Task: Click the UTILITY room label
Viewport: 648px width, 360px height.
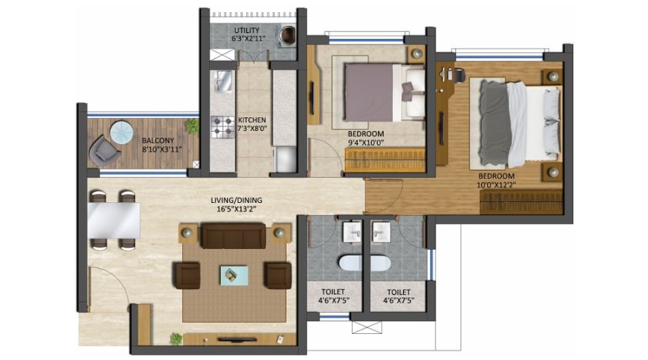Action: (247, 31)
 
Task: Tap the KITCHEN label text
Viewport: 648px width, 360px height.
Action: (252, 118)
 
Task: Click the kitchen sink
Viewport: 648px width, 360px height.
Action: (221, 82)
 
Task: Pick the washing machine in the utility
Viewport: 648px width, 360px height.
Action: (288, 33)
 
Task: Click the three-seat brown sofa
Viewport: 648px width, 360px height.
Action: (232, 235)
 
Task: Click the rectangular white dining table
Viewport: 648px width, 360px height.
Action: (114, 219)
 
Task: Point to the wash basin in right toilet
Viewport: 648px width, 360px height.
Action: (379, 231)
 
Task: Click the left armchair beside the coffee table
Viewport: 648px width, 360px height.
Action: (188, 275)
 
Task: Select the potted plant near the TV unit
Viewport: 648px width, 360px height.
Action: (177, 339)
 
